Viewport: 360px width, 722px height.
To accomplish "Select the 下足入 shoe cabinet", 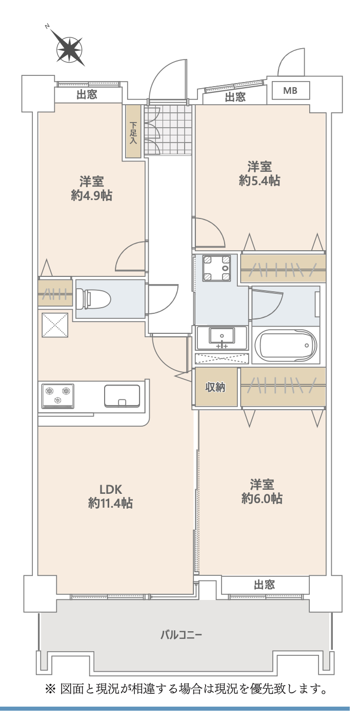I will pos(133,131).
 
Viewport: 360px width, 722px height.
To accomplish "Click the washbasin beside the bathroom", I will pos(222,337).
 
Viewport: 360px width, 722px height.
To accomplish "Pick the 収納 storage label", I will pos(215,388).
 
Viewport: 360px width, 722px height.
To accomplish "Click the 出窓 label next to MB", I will pos(235,97).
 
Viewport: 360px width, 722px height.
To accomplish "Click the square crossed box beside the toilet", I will pos(54,324).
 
